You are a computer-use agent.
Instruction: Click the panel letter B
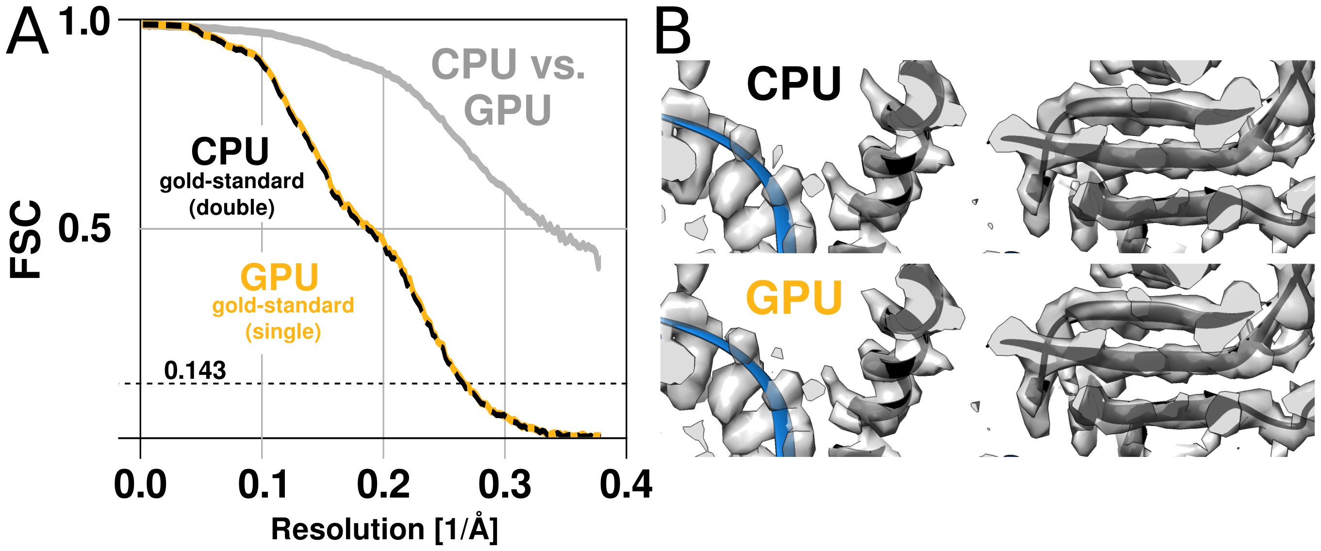coord(673,33)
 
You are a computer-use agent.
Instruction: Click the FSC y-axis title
coord(26,239)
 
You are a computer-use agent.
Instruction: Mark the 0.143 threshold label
coord(195,370)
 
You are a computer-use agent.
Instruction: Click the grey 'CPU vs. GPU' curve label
coord(508,87)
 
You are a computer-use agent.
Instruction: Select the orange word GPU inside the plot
coord(280,277)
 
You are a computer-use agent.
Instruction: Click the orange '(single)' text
coord(283,332)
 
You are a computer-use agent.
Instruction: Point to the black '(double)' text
coord(232,208)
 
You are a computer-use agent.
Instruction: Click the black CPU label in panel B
coord(793,84)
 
